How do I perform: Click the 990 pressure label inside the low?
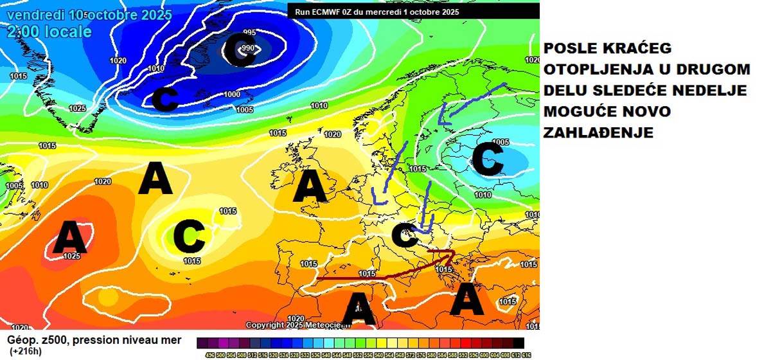pyautogui.click(x=249, y=48)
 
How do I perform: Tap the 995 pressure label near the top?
pyautogui.click(x=249, y=33)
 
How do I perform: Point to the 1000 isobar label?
pyautogui.click(x=232, y=94)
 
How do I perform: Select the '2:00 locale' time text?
pyautogui.click(x=49, y=32)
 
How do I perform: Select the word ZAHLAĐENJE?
pyautogui.click(x=599, y=132)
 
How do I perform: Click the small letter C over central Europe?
pyautogui.click(x=404, y=236)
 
